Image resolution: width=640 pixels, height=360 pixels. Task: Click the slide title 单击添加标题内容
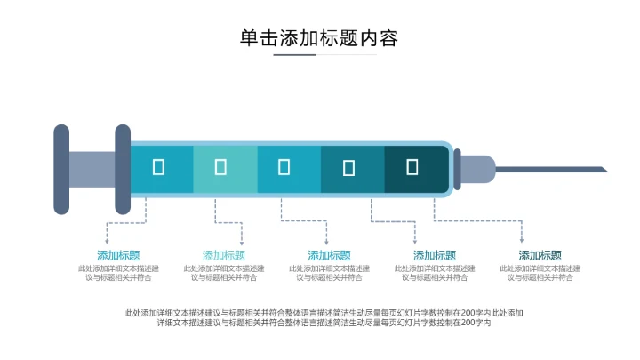click(319, 38)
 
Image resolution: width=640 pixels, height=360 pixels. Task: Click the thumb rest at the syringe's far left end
click(60, 169)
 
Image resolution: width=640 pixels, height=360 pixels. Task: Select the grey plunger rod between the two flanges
click(92, 169)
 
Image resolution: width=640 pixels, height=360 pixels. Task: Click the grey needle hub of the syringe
click(478, 169)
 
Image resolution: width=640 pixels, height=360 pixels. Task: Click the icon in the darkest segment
click(412, 166)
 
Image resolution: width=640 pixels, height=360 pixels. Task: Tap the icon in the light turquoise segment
click(221, 166)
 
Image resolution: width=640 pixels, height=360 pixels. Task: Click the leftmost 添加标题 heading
click(118, 255)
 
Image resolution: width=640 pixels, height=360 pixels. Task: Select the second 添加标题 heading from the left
click(224, 255)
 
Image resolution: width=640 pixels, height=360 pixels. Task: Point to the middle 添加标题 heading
click(329, 255)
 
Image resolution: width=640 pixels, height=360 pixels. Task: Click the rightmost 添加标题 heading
click(540, 255)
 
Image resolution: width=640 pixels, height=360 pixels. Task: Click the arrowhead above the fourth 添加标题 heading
click(416, 241)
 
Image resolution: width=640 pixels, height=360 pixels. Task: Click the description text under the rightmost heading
click(540, 273)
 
